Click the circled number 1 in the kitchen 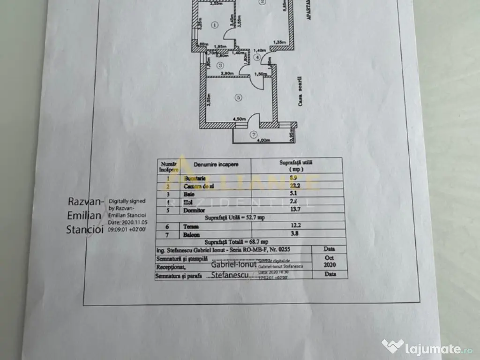pos(214,25)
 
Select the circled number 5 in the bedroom pos(239,97)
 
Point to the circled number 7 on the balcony pos(254,135)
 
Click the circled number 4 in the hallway pos(256,57)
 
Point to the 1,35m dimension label pos(280,41)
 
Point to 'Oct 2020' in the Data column pos(330,261)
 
